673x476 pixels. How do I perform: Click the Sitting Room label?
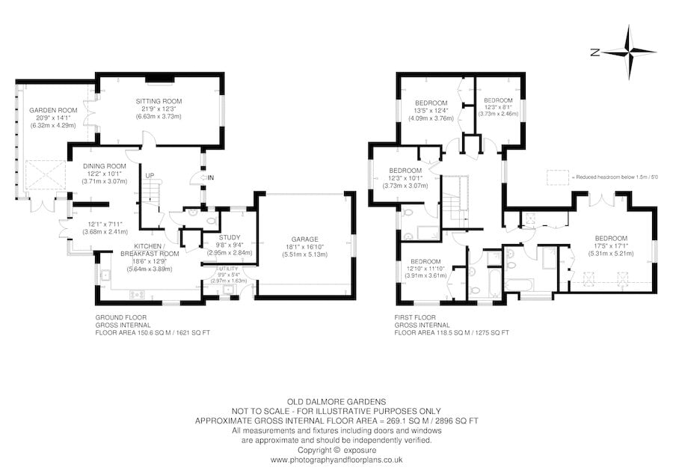point(159,101)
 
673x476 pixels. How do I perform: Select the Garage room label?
point(304,237)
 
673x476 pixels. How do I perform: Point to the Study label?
point(230,237)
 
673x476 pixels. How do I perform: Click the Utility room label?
point(227,268)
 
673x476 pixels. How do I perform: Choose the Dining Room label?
point(105,166)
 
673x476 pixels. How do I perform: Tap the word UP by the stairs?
point(150,175)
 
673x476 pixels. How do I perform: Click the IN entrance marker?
point(211,177)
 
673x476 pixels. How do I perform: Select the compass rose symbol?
point(629,52)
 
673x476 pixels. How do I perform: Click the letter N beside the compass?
point(594,52)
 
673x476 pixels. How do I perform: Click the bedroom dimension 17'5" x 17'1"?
point(606,245)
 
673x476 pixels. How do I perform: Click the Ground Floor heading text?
point(114,317)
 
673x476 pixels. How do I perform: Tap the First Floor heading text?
point(413,317)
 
